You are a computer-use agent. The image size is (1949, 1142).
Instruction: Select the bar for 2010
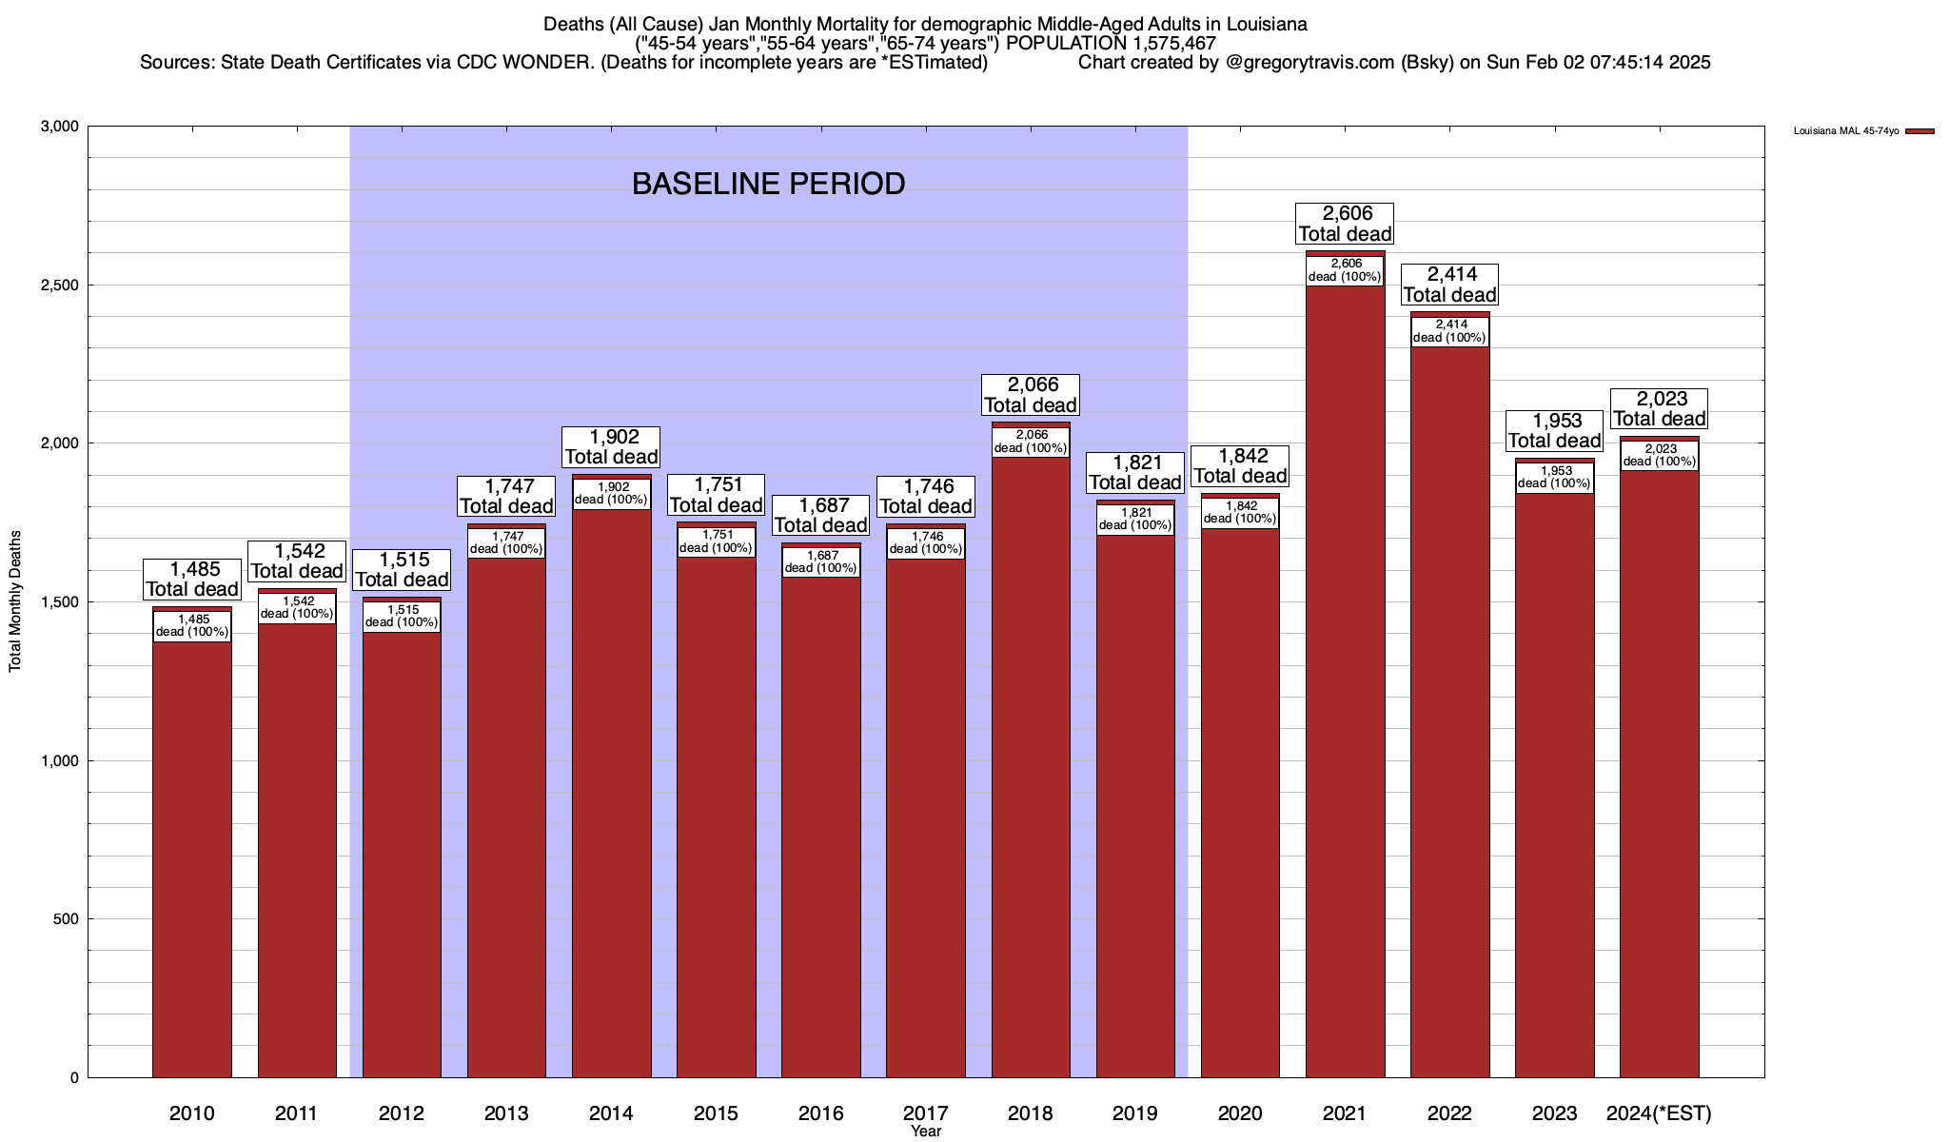point(192,856)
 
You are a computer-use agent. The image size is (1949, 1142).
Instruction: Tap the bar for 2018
point(1031,761)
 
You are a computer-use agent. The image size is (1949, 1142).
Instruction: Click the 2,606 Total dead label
point(1345,224)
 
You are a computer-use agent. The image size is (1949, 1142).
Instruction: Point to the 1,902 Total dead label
point(611,447)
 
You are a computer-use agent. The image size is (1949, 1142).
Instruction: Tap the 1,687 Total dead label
point(820,515)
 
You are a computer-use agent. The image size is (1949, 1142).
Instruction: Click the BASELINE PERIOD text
point(768,184)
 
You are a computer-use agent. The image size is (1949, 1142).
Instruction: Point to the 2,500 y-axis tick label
point(60,285)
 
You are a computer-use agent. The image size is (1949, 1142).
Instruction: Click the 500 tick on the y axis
point(67,919)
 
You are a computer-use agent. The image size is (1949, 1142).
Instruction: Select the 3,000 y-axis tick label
point(60,127)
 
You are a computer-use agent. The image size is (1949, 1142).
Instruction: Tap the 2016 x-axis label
point(820,1113)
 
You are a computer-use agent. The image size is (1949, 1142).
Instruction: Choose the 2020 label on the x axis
point(1240,1113)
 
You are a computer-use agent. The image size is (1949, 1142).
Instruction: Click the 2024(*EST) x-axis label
point(1659,1113)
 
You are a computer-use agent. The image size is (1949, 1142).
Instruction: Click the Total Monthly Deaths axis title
point(15,601)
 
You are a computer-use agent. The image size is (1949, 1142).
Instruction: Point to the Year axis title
point(925,1132)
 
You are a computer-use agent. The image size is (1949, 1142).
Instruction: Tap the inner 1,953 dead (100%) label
point(1554,478)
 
